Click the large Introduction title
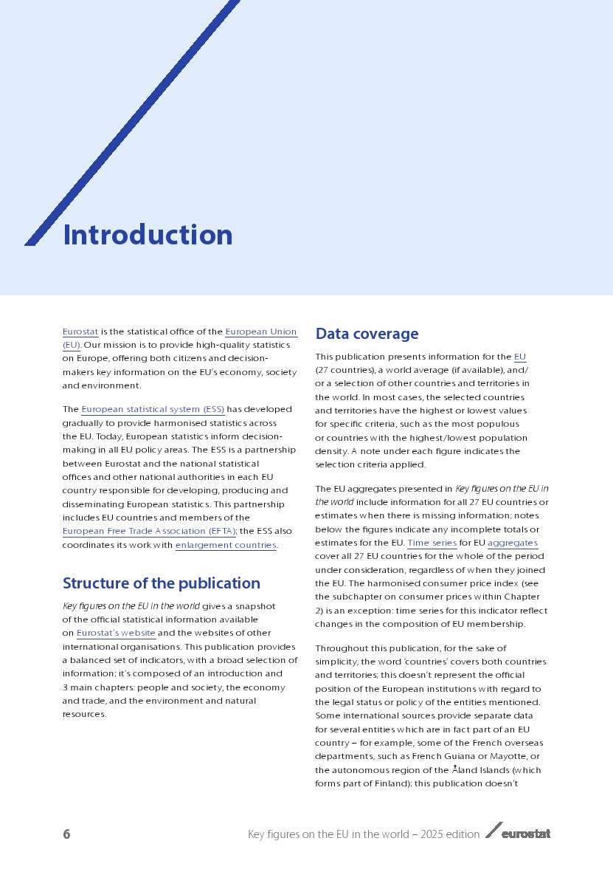coord(148,235)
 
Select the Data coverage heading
coord(367,334)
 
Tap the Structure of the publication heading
coord(161,583)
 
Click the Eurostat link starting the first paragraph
coord(80,332)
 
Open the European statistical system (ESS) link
coord(153,409)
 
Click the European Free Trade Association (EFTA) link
coord(148,531)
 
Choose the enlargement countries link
coord(225,545)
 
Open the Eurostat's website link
coord(116,633)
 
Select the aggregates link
coord(512,543)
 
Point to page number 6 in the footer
coord(66,834)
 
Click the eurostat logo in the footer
coord(518,833)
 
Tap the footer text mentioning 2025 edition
coord(364,834)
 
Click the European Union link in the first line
coord(260,332)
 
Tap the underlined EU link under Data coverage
coord(519,357)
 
